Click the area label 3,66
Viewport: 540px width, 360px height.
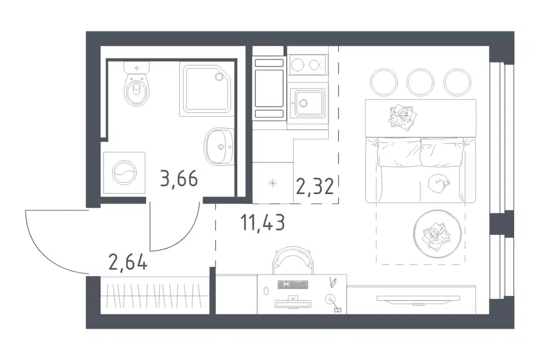coord(179,179)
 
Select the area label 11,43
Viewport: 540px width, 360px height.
coord(263,222)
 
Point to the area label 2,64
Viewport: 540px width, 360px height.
coord(128,262)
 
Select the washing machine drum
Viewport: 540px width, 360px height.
coord(124,173)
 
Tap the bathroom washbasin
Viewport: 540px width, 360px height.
coord(219,146)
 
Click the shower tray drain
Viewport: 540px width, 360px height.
coord(219,76)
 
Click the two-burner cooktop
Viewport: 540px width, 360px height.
coord(308,65)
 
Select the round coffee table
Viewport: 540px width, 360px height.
coord(438,233)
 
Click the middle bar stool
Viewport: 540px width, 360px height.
coord(420,82)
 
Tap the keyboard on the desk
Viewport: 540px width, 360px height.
coord(292,285)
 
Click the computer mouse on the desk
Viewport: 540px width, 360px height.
coord(265,290)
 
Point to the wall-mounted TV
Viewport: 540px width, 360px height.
coord(418,299)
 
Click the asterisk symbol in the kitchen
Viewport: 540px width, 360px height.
coord(272,183)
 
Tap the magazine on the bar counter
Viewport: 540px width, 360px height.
coord(402,116)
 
